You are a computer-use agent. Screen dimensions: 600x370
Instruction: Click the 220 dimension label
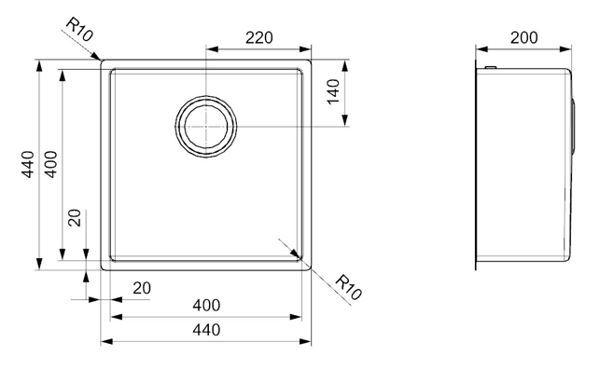point(259,38)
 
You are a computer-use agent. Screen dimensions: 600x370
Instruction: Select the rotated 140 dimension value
point(333,91)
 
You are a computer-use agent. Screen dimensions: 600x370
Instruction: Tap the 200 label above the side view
point(523,37)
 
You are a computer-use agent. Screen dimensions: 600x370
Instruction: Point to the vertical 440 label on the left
point(28,164)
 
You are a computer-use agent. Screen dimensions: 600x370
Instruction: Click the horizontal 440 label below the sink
point(206,330)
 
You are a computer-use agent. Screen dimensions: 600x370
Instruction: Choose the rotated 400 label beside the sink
point(51,164)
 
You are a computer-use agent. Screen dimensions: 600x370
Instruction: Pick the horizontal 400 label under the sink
point(206,306)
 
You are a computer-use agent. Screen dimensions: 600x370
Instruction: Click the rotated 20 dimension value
point(75,218)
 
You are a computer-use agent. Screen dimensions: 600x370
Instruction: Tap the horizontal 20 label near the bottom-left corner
point(142,288)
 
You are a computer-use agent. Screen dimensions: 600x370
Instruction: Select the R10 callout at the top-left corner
point(79,30)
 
